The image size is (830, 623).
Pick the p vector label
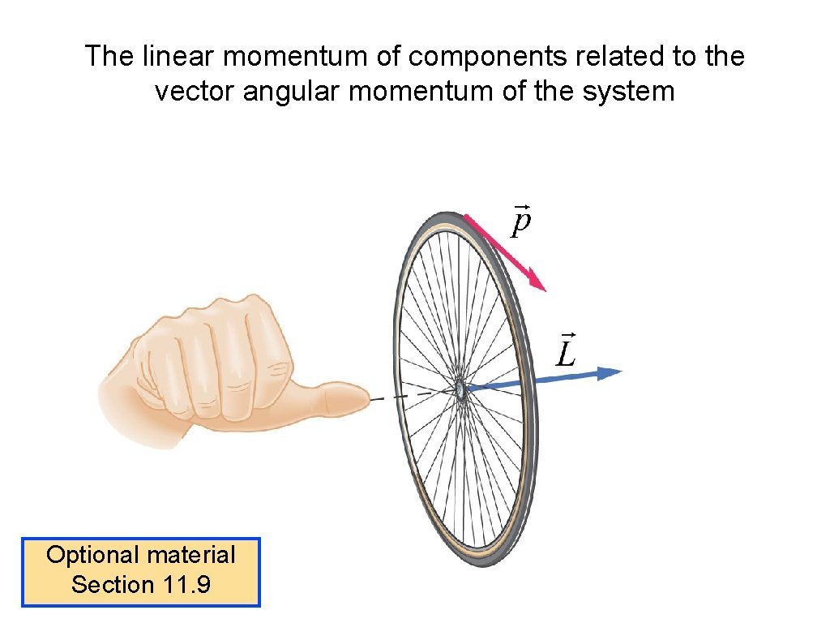(x=521, y=220)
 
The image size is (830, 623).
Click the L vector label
(x=565, y=350)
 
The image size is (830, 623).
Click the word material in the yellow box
(x=191, y=555)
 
